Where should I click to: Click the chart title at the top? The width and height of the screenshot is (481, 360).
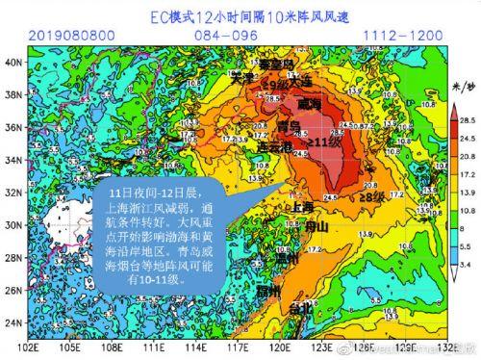click(x=240, y=16)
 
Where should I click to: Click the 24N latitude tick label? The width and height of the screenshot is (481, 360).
click(x=14, y=321)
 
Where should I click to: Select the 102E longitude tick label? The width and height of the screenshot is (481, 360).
click(x=30, y=347)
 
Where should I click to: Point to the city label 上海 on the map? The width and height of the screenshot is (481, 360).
click(x=302, y=206)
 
